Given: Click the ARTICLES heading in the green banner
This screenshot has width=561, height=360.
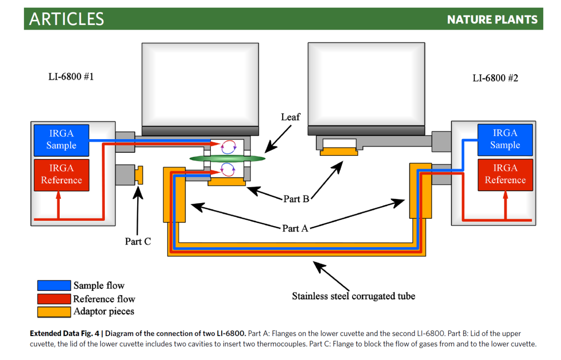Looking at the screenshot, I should point(66,19).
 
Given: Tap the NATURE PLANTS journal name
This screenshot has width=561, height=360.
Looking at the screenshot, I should point(492,20).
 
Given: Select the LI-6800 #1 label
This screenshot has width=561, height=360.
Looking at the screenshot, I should point(71,77).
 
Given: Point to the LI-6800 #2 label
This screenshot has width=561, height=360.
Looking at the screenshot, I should point(495,78).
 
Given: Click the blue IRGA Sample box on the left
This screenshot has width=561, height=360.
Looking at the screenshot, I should point(61,140).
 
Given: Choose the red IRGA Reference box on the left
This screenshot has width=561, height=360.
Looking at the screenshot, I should point(61,175).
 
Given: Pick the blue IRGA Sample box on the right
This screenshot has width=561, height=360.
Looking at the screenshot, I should point(505,139).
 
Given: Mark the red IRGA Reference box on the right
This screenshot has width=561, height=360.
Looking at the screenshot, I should point(505,175).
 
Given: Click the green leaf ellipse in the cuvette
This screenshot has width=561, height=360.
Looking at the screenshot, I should point(227,157).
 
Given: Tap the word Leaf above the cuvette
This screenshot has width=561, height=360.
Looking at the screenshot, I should point(290,117).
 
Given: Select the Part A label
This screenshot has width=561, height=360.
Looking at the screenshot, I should point(295,228).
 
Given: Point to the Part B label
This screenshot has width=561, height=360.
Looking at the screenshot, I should point(296,198).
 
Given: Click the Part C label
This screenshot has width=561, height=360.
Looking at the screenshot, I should point(138,242).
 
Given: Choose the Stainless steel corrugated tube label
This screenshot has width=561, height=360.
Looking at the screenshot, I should point(353,297).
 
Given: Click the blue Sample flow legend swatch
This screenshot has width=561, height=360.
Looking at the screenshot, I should point(54,286).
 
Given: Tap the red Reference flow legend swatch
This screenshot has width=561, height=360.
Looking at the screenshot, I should point(54,299).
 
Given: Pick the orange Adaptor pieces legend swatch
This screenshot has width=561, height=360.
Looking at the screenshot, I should point(54,312).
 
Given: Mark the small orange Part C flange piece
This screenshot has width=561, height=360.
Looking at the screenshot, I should point(139,175).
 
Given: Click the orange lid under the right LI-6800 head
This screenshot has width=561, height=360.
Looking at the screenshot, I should point(339,151).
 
